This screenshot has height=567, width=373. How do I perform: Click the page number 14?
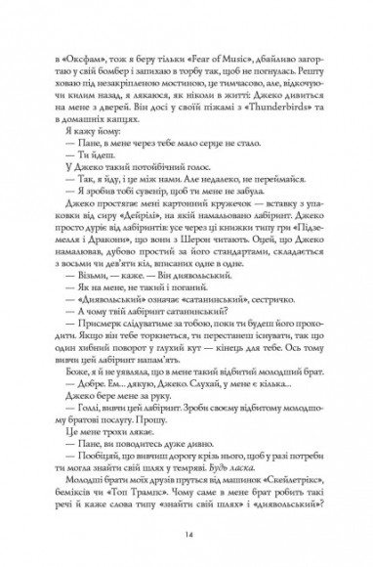point(185,536)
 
